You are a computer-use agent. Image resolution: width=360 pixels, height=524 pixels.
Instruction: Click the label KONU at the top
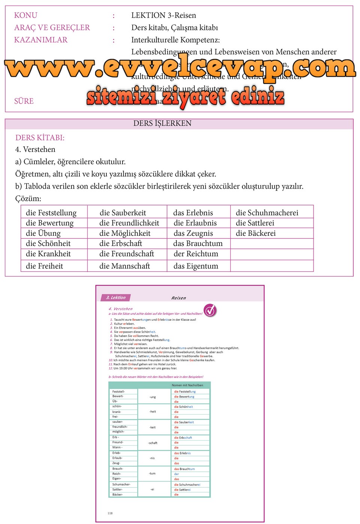25,15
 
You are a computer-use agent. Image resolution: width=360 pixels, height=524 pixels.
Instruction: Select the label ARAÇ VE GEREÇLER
52,28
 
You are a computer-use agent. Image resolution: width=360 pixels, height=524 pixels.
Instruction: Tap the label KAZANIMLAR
40,40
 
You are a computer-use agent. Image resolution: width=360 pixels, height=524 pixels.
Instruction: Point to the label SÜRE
24,101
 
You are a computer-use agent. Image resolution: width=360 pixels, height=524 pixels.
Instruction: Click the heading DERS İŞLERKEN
162,124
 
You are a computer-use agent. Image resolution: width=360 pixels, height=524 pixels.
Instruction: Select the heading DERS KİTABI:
40,138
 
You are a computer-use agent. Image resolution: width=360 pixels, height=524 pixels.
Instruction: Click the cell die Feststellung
51,213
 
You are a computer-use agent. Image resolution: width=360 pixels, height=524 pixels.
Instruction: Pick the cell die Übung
43,234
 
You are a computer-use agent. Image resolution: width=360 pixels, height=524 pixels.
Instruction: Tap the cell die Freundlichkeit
129,223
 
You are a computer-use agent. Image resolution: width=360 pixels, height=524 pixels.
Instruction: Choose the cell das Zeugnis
193,234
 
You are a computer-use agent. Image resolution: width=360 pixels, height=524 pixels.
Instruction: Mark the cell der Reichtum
196,254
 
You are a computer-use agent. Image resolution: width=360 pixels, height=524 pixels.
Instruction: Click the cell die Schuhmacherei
267,213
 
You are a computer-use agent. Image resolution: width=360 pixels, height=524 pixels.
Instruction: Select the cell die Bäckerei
255,234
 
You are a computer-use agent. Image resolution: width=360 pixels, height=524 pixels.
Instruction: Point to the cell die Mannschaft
124,266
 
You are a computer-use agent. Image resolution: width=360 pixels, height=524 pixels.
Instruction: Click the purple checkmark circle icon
210,310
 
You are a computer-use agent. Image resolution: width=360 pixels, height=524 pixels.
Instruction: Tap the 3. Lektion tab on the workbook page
116,298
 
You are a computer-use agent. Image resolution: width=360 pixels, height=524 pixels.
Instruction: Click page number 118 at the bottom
110,513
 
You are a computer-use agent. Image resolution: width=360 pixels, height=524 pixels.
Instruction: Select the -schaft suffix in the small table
152,443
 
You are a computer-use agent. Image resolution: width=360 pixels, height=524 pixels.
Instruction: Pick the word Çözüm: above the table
28,199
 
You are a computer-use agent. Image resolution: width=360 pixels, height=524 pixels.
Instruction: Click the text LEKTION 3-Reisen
163,15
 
